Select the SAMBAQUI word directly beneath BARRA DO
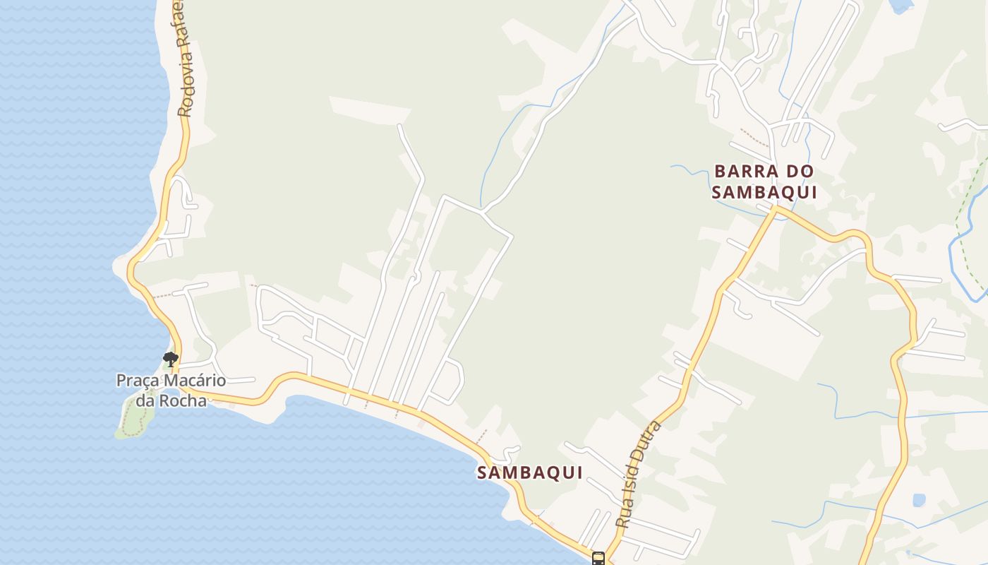click(x=764, y=192)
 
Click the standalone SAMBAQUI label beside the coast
click(x=530, y=473)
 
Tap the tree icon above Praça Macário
click(x=170, y=359)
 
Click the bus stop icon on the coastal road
click(x=598, y=559)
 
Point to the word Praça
click(x=138, y=381)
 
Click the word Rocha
click(x=183, y=401)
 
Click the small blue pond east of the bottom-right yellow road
click(x=918, y=500)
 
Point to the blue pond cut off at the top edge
click(x=900, y=6)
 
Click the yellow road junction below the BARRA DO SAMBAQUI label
click(x=776, y=208)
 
